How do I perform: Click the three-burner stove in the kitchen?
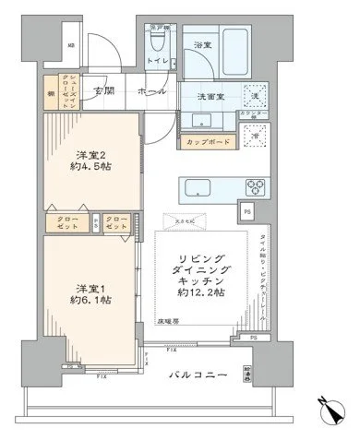click(x=254, y=187)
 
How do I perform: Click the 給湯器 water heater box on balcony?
click(x=272, y=375)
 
